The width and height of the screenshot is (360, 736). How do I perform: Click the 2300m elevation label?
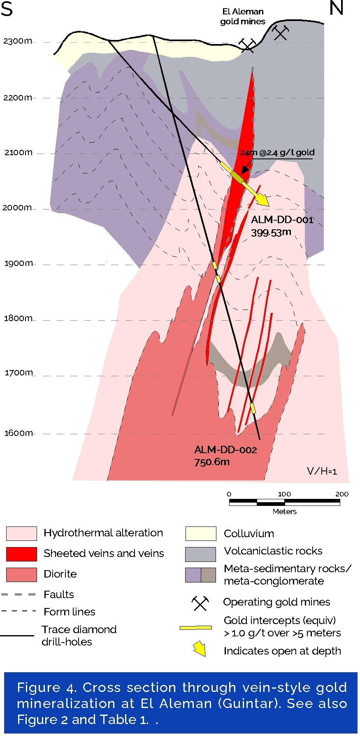click(17, 41)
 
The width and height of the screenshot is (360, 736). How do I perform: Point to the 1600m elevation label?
click(19, 433)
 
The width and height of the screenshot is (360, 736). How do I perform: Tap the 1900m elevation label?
click(19, 263)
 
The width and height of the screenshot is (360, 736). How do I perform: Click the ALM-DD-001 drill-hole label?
click(282, 220)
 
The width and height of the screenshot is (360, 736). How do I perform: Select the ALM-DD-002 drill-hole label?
click(225, 450)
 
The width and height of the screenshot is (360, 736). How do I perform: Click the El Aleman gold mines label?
click(243, 16)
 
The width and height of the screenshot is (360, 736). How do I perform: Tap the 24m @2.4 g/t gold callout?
click(277, 153)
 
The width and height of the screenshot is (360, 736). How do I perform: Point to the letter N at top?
click(336, 8)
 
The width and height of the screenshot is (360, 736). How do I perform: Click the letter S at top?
click(7, 9)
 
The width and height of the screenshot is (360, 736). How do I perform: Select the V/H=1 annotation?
click(322, 471)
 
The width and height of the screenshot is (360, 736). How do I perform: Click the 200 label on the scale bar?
click(341, 494)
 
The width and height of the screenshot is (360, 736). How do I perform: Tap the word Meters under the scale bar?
click(284, 512)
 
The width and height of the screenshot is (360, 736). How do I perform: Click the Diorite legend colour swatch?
click(21, 575)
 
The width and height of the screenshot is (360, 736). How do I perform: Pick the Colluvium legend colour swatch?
click(200, 533)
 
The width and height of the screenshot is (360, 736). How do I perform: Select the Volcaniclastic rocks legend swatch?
click(200, 554)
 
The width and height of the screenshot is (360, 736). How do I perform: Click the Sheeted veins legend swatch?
click(21, 554)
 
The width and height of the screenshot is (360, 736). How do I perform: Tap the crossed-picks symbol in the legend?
click(200, 603)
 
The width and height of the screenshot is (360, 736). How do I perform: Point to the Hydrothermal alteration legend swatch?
click(21, 533)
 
